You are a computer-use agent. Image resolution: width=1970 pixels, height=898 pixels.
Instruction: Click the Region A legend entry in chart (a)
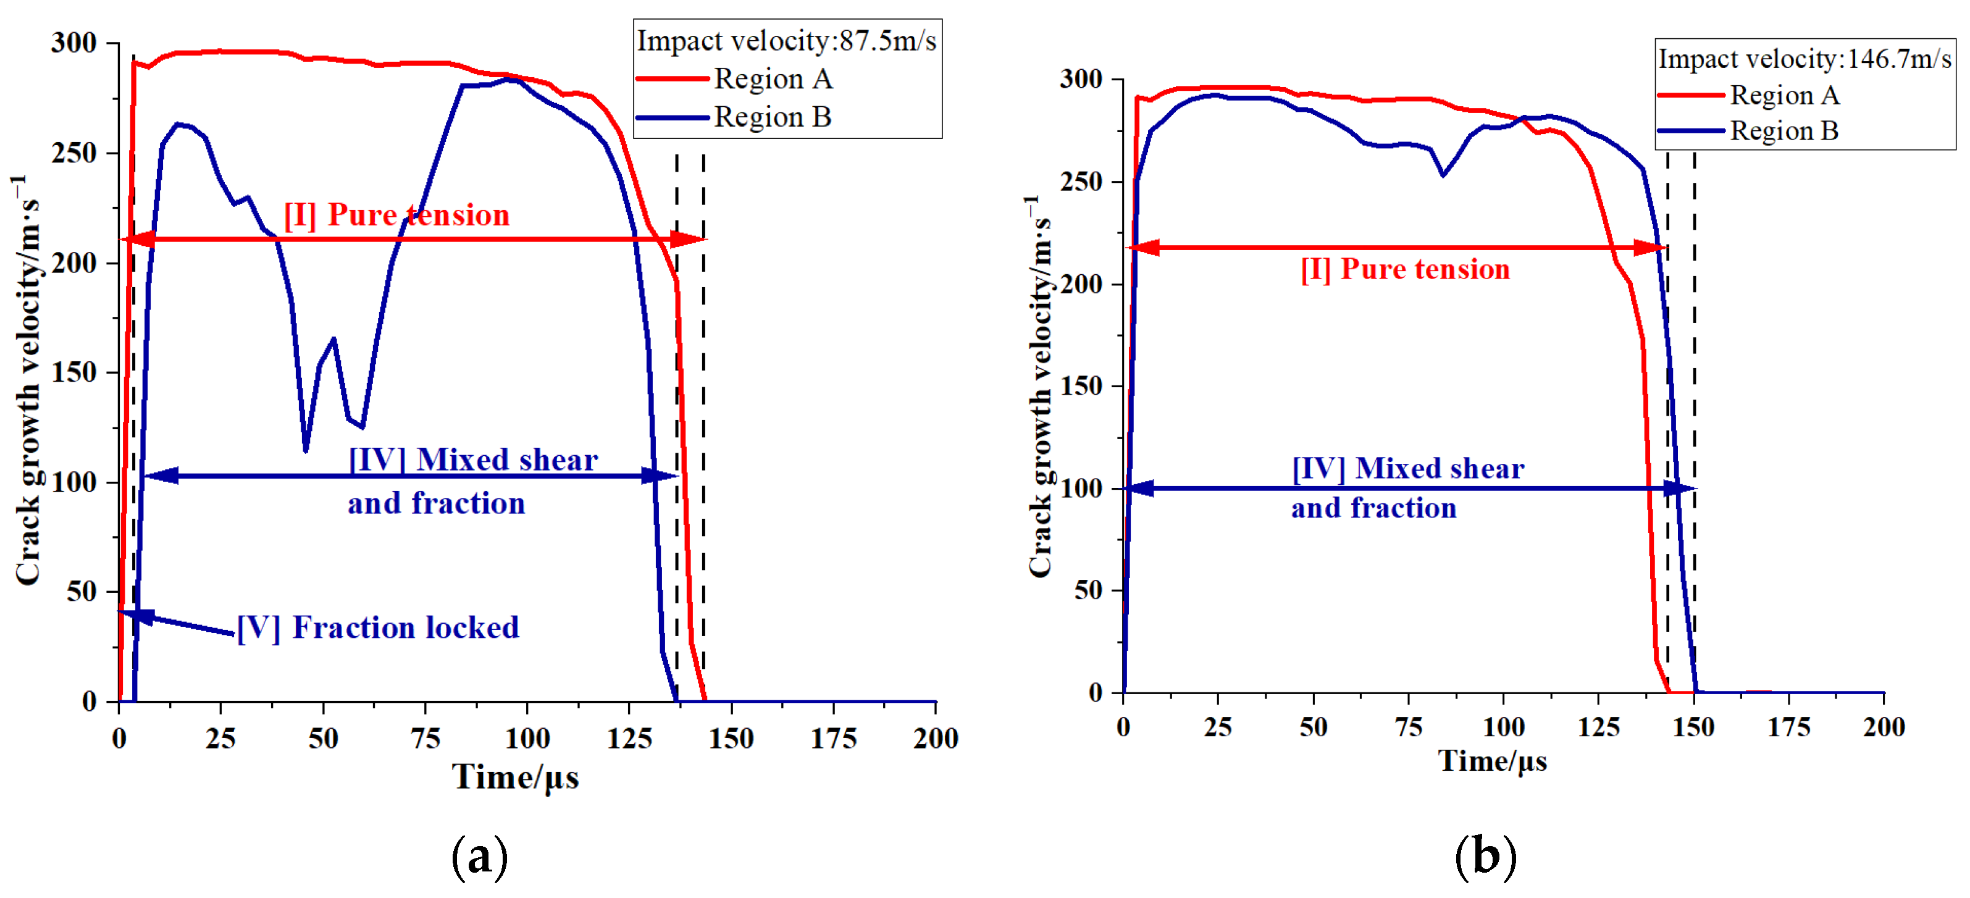pyautogui.click(x=773, y=79)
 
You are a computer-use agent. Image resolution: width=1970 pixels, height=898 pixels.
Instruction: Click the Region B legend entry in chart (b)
pyautogui.click(x=1783, y=131)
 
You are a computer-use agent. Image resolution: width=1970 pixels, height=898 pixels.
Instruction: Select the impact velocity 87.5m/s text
pyautogui.click(x=786, y=41)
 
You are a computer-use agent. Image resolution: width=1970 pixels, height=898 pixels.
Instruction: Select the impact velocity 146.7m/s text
pyautogui.click(x=1804, y=59)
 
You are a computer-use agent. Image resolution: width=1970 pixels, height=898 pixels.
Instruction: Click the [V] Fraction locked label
pyautogui.click(x=378, y=627)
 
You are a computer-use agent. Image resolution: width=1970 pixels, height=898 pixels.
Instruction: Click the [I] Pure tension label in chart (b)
pyautogui.click(x=1405, y=269)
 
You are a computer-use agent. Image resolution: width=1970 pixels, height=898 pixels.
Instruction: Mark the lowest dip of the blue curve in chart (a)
pyautogui.click(x=305, y=450)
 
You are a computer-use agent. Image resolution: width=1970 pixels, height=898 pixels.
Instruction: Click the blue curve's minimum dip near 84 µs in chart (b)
pyautogui.click(x=1443, y=175)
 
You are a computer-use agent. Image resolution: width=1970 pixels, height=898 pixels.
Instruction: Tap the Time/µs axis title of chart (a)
pyautogui.click(x=514, y=777)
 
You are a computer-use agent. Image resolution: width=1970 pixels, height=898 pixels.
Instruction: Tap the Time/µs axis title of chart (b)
pyautogui.click(x=1492, y=761)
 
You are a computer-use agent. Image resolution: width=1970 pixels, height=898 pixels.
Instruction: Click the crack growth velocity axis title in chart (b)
pyautogui.click(x=1039, y=386)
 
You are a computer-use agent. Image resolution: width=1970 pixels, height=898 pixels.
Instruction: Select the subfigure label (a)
pyautogui.click(x=479, y=857)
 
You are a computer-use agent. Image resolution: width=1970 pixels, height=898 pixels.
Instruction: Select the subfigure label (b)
pyautogui.click(x=1485, y=857)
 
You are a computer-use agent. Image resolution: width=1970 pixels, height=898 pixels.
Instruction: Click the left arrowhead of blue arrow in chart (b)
pyautogui.click(x=1139, y=488)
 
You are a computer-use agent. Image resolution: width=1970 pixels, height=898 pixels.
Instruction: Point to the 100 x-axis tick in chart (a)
pyautogui.click(x=527, y=739)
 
